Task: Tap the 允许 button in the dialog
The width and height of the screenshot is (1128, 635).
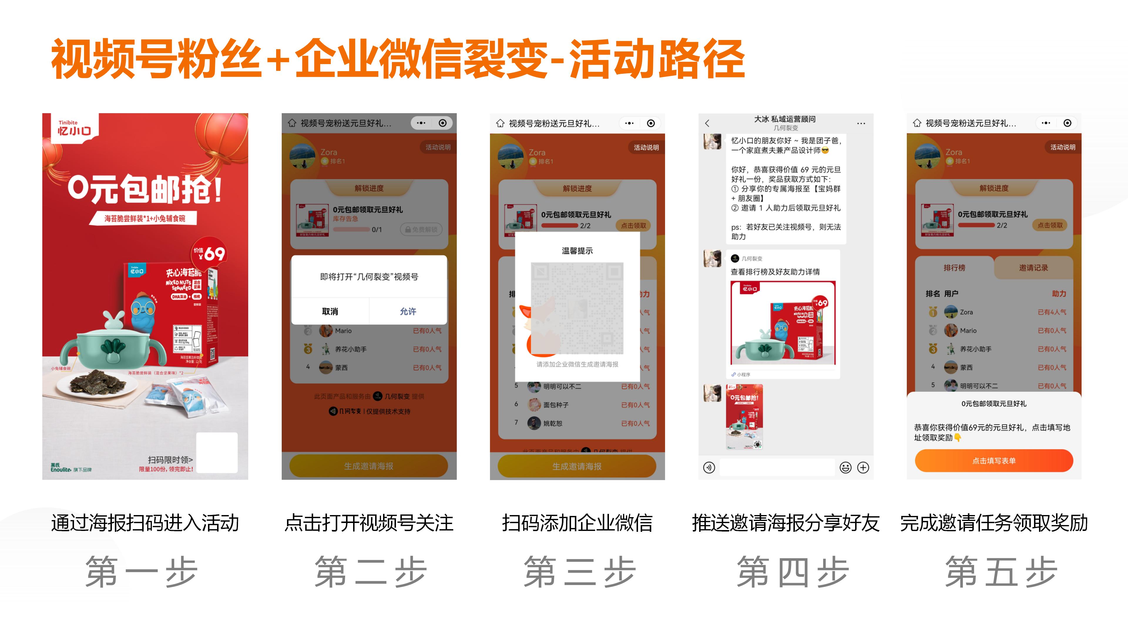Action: point(408,311)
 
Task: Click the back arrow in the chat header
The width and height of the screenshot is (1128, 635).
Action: point(707,123)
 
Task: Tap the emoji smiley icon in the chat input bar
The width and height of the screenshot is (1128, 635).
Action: point(845,468)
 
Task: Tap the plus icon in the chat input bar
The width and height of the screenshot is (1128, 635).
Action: point(863,468)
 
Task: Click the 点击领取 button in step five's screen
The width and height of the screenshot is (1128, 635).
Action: point(1050,225)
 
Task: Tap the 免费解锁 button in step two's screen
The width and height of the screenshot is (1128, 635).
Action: point(421,229)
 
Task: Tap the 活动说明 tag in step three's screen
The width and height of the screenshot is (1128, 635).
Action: point(646,148)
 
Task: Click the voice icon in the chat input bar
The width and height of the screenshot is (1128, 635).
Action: point(709,468)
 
